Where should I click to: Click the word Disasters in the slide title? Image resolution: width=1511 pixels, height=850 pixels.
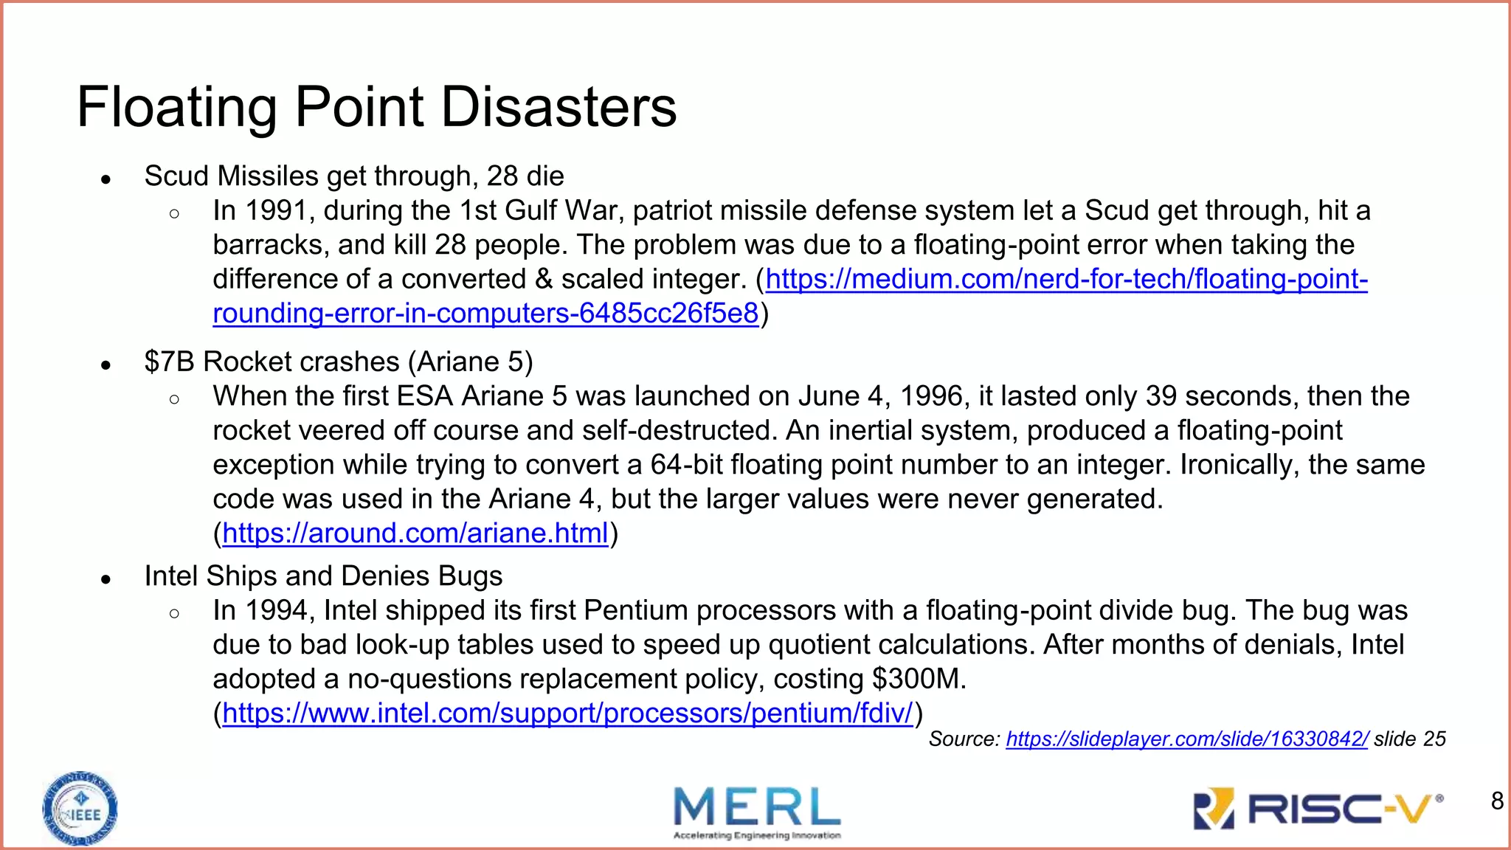pyautogui.click(x=559, y=107)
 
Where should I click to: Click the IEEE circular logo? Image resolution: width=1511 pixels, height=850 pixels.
pyautogui.click(x=80, y=809)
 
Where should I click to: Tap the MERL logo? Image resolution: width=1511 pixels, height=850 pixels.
pyautogui.click(x=757, y=812)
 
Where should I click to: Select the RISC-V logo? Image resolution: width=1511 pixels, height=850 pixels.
pyautogui.click(x=1317, y=809)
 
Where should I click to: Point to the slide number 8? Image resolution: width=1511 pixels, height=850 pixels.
pyautogui.click(x=1497, y=801)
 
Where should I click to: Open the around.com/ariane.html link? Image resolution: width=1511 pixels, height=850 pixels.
pyautogui.click(x=415, y=533)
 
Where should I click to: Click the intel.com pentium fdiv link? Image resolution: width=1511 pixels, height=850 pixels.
pyautogui.click(x=567, y=713)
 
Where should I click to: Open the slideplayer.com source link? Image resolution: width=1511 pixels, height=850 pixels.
pyautogui.click(x=1186, y=739)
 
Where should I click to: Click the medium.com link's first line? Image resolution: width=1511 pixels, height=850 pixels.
pyautogui.click(x=1066, y=279)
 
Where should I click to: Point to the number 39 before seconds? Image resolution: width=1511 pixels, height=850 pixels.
pyautogui.click(x=1161, y=396)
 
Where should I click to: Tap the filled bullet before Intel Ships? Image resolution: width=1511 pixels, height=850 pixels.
pyautogui.click(x=106, y=579)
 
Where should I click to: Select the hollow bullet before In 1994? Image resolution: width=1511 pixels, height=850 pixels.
pyautogui.click(x=174, y=613)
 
